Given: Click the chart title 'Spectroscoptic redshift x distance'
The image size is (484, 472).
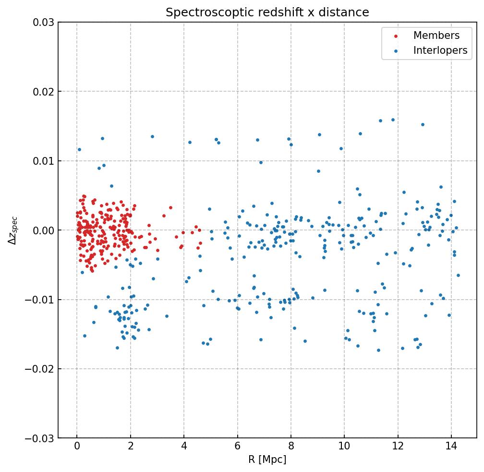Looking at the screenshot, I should pyautogui.click(x=267, y=12).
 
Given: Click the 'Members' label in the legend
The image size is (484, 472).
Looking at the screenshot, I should pyautogui.click(x=436, y=36).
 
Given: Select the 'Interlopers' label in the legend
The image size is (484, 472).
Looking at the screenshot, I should pyautogui.click(x=440, y=50).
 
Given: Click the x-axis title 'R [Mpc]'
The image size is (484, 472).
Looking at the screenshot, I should pyautogui.click(x=267, y=460).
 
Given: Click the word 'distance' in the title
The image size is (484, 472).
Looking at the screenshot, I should pyautogui.click(x=347, y=12).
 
